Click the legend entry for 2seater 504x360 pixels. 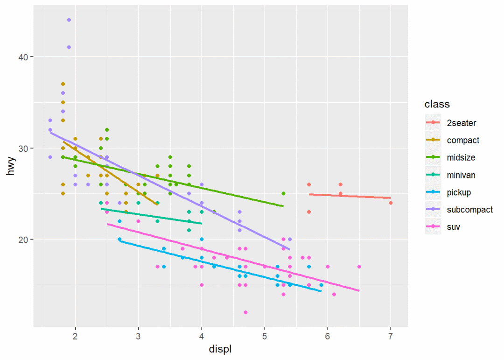[x=461, y=123]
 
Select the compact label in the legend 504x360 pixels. [x=462, y=140]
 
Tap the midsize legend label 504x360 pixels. [x=461, y=157]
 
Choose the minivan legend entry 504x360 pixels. [x=461, y=175]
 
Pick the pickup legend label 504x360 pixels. [x=459, y=192]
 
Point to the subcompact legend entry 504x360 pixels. [x=469, y=210]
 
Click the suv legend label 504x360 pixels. [x=453, y=227]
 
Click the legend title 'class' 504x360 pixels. [x=437, y=104]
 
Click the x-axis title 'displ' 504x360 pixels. [x=221, y=349]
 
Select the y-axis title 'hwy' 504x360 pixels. [x=11, y=166]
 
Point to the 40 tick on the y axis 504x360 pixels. [x=23, y=57]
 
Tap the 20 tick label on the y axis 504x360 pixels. [x=23, y=240]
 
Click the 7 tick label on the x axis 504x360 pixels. [x=391, y=337]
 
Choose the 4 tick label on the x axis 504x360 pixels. [x=202, y=337]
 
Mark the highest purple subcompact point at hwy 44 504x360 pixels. [x=69, y=20]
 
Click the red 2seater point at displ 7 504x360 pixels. [x=391, y=203]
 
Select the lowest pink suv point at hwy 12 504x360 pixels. [x=245, y=312]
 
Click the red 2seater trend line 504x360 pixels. [x=350, y=196]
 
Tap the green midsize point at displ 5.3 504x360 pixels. [x=283, y=193]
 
